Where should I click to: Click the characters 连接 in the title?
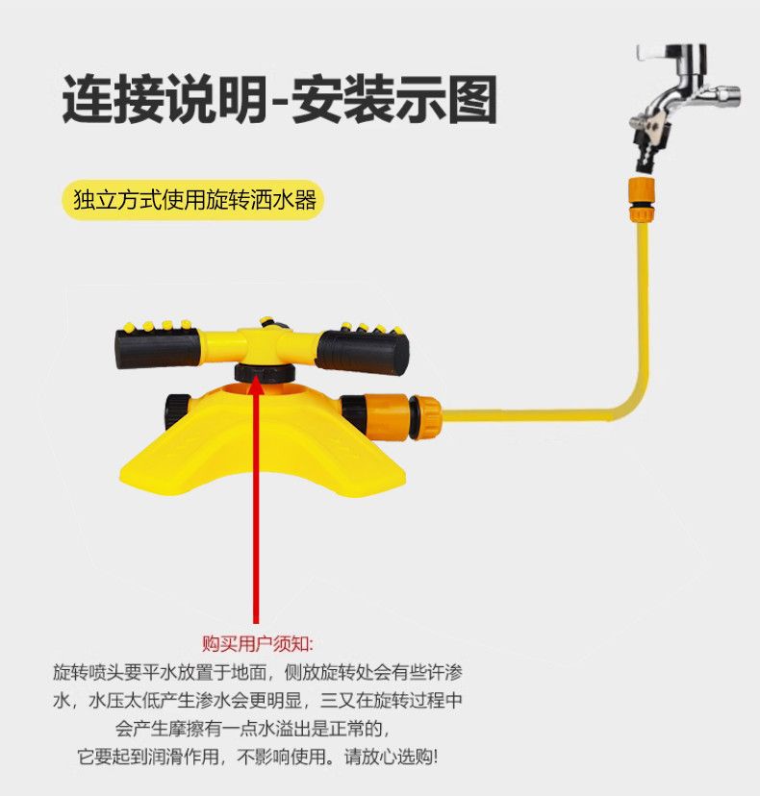pyautogui.click(x=107, y=99)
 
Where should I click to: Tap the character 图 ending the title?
pyautogui.click(x=473, y=99)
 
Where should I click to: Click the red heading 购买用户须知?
pyautogui.click(x=257, y=642)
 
